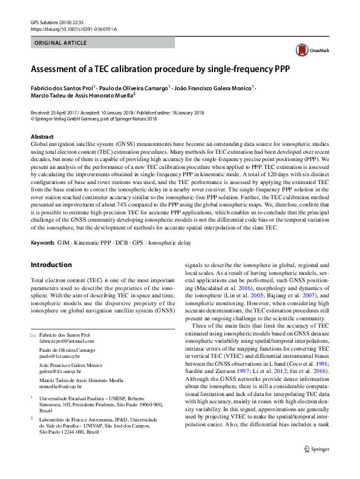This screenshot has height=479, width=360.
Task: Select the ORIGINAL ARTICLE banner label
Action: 61,44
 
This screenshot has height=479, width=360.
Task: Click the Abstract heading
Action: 42,137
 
